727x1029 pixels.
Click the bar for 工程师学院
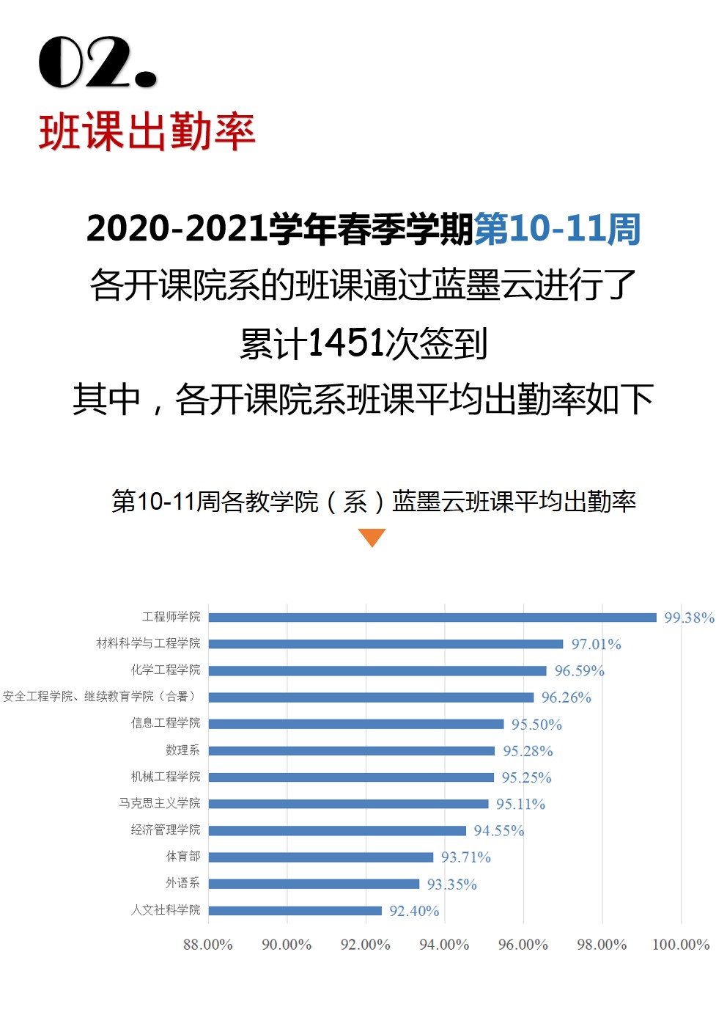[432, 618]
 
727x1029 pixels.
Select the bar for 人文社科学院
[295, 911]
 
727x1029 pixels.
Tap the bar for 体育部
[321, 857]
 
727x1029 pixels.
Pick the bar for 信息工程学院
[356, 724]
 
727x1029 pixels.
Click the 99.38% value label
[689, 618]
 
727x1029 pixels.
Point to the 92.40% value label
[414, 911]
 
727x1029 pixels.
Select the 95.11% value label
[520, 804]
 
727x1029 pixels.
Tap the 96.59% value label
[579, 670]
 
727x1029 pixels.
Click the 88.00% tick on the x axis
[208, 944]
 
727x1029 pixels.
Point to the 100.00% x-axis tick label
[681, 944]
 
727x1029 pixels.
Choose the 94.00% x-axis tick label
[444, 944]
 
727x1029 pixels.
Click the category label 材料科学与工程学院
[148, 643]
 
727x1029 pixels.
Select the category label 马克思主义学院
[159, 803]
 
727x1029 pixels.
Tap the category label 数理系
[182, 750]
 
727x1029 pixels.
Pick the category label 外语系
[182, 883]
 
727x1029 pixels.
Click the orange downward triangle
[372, 538]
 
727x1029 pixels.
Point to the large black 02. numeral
[97, 63]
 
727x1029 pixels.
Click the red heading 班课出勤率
[147, 133]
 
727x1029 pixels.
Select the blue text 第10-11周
[557, 229]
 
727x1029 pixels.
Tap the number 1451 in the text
[347, 343]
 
